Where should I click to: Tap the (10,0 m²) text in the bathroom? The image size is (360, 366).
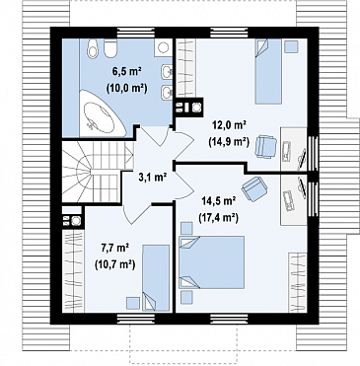pos(126,88)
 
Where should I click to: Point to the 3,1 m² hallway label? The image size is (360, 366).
pos(153,178)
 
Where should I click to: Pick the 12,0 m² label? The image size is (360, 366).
pos(229,125)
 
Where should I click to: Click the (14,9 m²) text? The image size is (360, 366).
pos(229,141)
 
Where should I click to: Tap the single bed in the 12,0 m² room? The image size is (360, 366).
pos(268,71)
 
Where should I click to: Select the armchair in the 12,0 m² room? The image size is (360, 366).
pos(265,147)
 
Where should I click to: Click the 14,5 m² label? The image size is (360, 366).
pos(217,201)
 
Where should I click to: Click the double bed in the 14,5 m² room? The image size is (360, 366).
pos(212,262)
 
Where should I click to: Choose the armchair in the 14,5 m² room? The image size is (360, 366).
pos(254,188)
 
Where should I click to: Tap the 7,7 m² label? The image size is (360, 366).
pos(115,248)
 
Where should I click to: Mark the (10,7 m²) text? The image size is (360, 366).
pos(115,264)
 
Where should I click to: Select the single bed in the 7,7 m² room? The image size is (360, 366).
pos(156,278)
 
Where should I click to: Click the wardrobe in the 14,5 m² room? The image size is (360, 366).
pos(298,283)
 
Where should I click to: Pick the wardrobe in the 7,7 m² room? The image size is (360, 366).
pos(73,271)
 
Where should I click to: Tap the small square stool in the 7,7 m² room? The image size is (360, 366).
pos(133,303)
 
